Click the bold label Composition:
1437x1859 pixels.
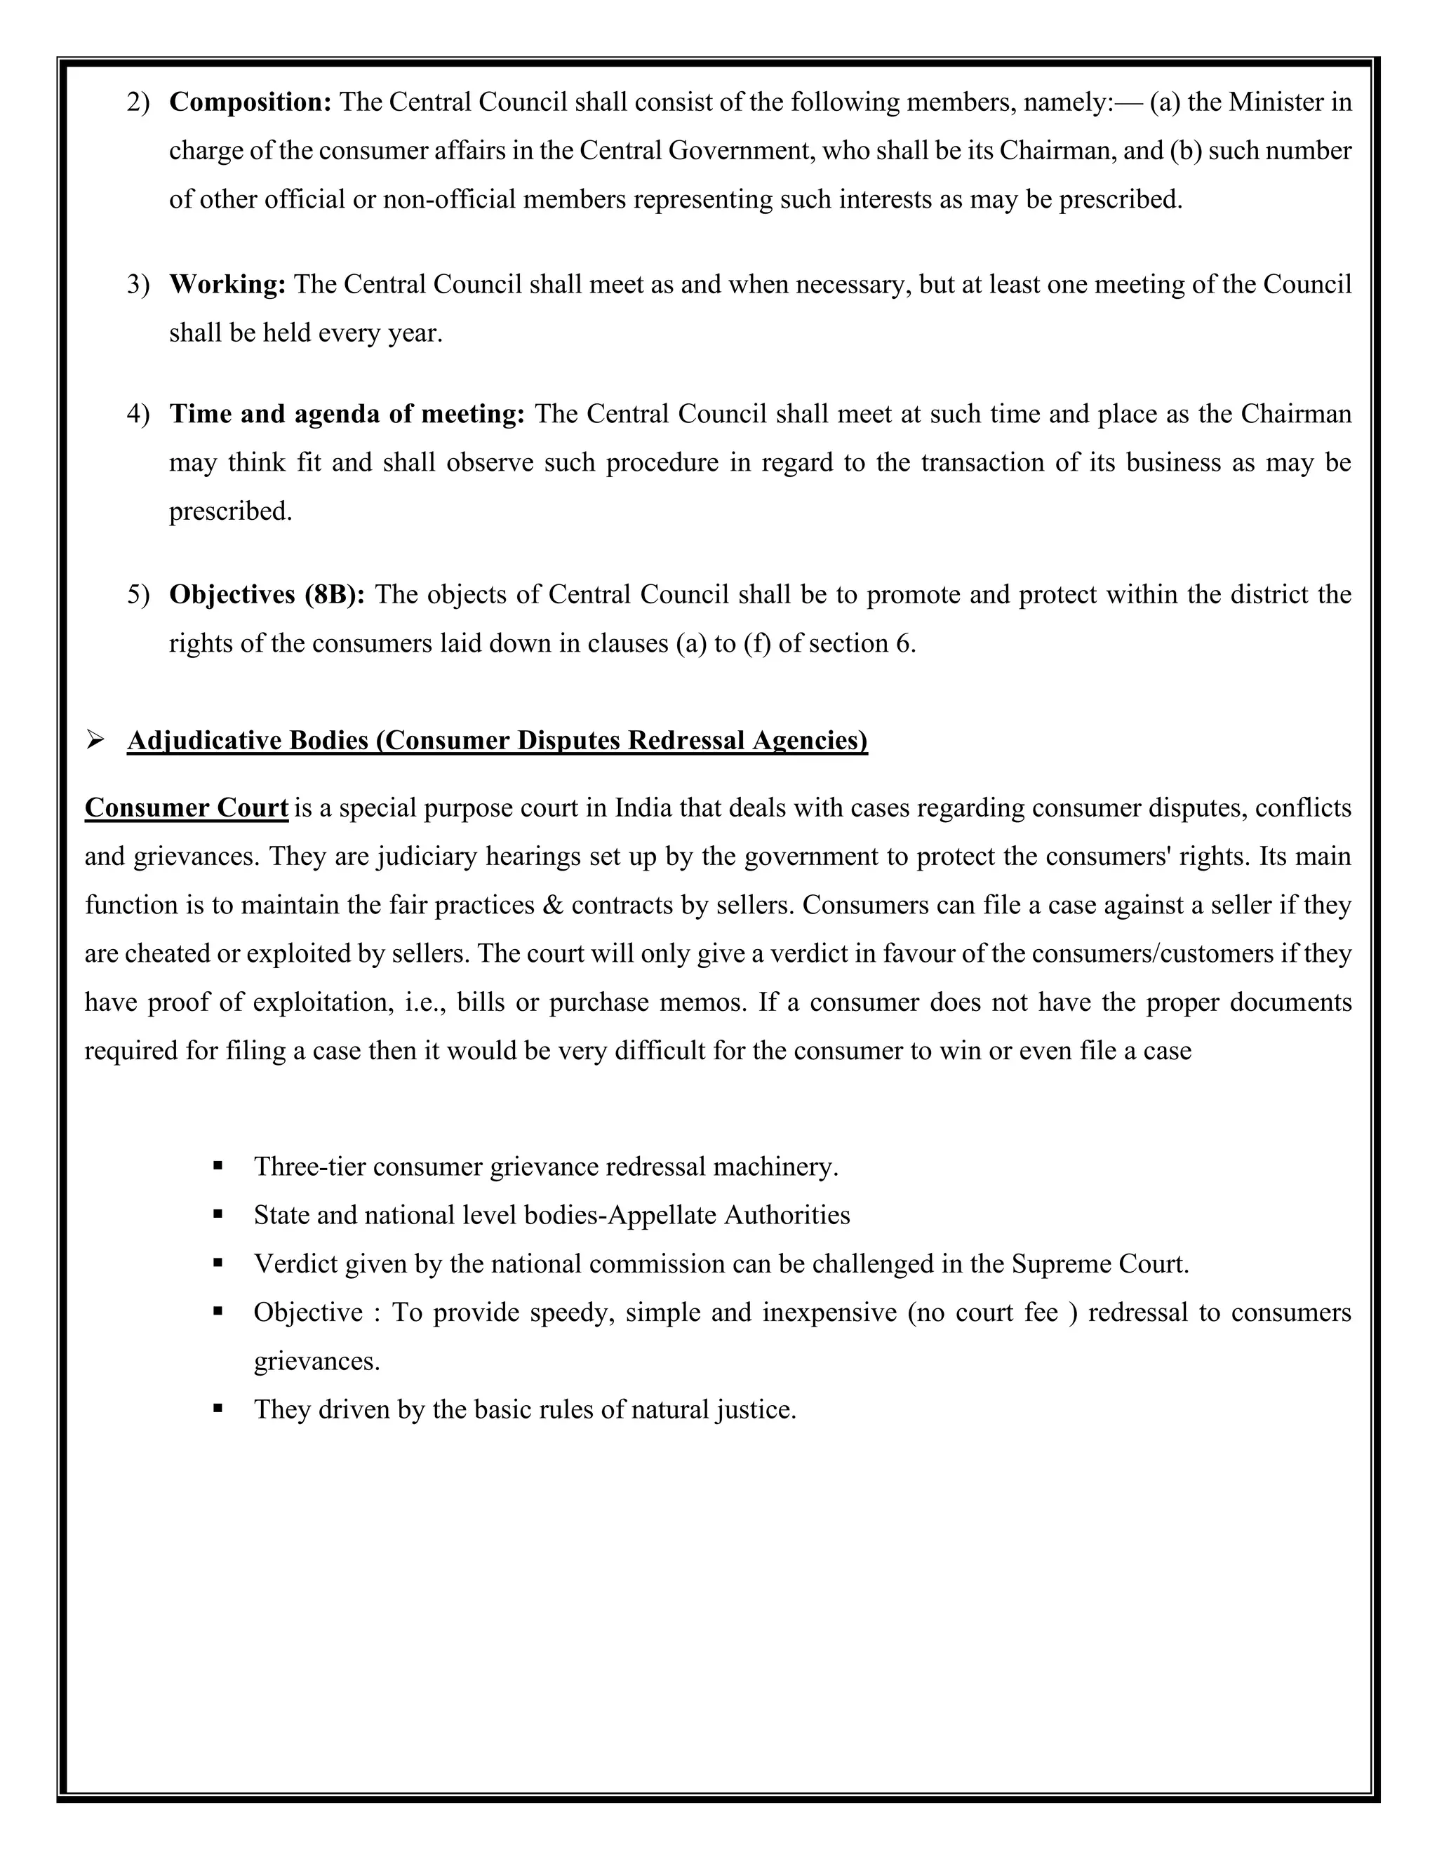click(x=249, y=102)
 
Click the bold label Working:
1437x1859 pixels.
click(x=227, y=284)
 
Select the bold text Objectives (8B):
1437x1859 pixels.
click(x=267, y=594)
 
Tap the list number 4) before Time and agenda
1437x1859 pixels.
click(x=138, y=415)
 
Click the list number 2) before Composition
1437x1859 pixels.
click(x=138, y=103)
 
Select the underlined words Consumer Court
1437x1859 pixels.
click(x=187, y=807)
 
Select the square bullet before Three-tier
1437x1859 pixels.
click(x=219, y=1166)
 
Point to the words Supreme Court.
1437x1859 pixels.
click(x=1099, y=1264)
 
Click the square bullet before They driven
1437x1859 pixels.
click(x=219, y=1409)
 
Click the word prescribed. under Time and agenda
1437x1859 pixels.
click(x=231, y=511)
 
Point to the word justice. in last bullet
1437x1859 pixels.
click(x=755, y=1409)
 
